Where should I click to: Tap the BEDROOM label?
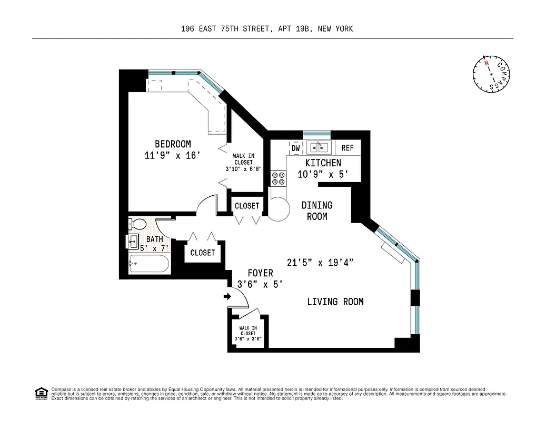[173, 144]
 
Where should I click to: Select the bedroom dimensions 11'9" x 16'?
[173, 155]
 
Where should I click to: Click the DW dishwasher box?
[295, 148]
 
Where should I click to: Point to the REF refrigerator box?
[348, 148]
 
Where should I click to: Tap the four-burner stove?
[279, 178]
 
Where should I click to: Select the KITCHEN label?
[323, 163]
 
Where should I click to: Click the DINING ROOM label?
[317, 210]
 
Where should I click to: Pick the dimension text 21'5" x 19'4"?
[320, 262]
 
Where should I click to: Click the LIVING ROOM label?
[335, 302]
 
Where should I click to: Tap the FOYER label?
[261, 273]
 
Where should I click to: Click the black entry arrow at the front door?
[227, 297]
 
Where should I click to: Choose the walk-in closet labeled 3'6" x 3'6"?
[248, 333]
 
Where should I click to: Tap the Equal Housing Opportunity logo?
[41, 393]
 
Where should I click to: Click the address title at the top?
[266, 29]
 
